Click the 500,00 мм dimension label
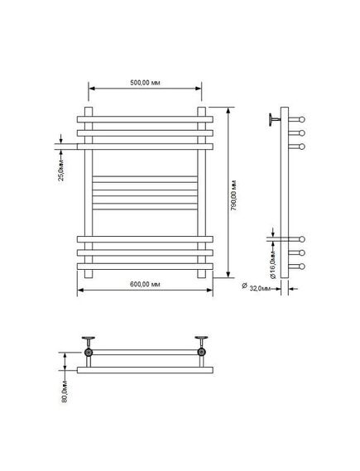click(145, 83)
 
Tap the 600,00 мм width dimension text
click(145, 284)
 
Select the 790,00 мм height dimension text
click(233, 195)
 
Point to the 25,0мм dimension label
click(61, 171)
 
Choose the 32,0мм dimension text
click(260, 289)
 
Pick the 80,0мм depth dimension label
click(65, 391)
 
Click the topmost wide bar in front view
click(145, 119)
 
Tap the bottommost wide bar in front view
click(145, 267)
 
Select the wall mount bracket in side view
click(275, 119)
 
